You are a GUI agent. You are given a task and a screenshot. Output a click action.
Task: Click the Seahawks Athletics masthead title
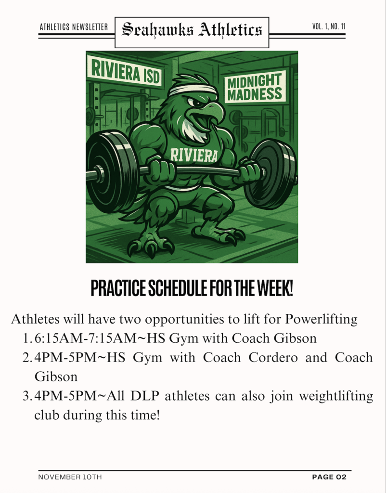point(192,30)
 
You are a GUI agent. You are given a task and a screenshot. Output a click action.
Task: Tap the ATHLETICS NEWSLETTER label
point(73,27)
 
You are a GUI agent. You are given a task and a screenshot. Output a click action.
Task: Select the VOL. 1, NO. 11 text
point(329,26)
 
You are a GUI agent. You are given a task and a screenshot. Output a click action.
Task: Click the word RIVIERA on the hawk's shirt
point(194,155)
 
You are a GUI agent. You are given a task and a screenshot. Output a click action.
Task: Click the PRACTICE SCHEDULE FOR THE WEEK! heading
point(192,289)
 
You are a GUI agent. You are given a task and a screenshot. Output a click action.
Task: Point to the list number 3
point(26,396)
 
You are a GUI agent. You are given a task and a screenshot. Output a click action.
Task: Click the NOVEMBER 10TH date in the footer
point(70,477)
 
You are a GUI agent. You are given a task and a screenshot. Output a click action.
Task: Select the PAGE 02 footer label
point(329,477)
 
